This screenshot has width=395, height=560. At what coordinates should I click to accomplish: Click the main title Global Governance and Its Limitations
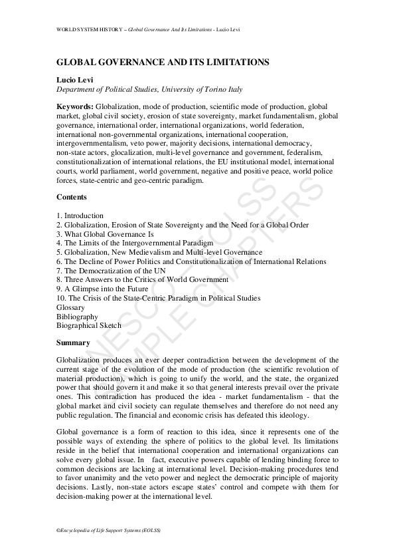pos(163,62)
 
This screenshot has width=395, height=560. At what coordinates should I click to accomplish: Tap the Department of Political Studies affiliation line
pos(149,89)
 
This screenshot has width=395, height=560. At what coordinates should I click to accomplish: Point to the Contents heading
pos(72,198)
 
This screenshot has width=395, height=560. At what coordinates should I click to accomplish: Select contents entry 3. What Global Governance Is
pos(105,234)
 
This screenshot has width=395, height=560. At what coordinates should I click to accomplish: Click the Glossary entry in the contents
pos(71,307)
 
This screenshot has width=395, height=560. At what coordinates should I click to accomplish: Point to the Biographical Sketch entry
pos(89,326)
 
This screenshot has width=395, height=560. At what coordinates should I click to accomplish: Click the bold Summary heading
pos(73,343)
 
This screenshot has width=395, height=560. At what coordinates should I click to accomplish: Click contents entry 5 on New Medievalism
pos(159,253)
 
